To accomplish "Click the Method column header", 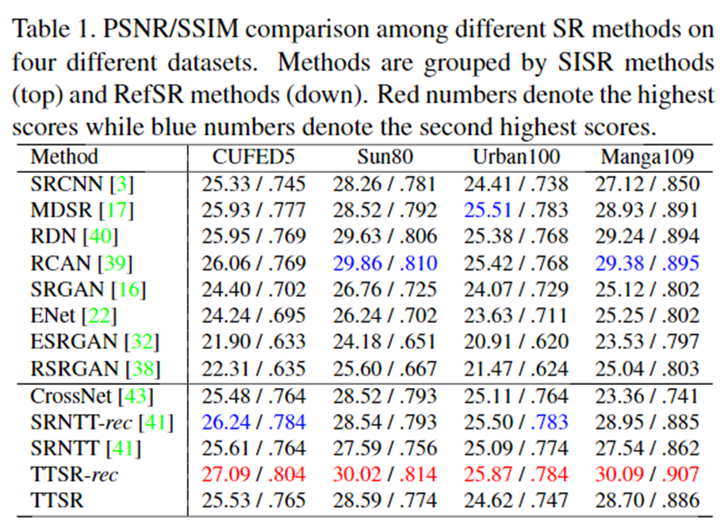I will tap(64, 158).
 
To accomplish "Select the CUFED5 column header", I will tap(252, 158).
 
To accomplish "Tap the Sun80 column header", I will tap(385, 158).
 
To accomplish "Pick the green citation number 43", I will tap(144, 395).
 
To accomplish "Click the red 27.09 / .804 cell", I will tap(253, 474).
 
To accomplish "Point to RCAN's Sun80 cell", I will tap(385, 263).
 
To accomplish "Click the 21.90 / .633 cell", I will tap(253, 342).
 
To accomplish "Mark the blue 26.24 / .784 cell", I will tap(253, 421).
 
